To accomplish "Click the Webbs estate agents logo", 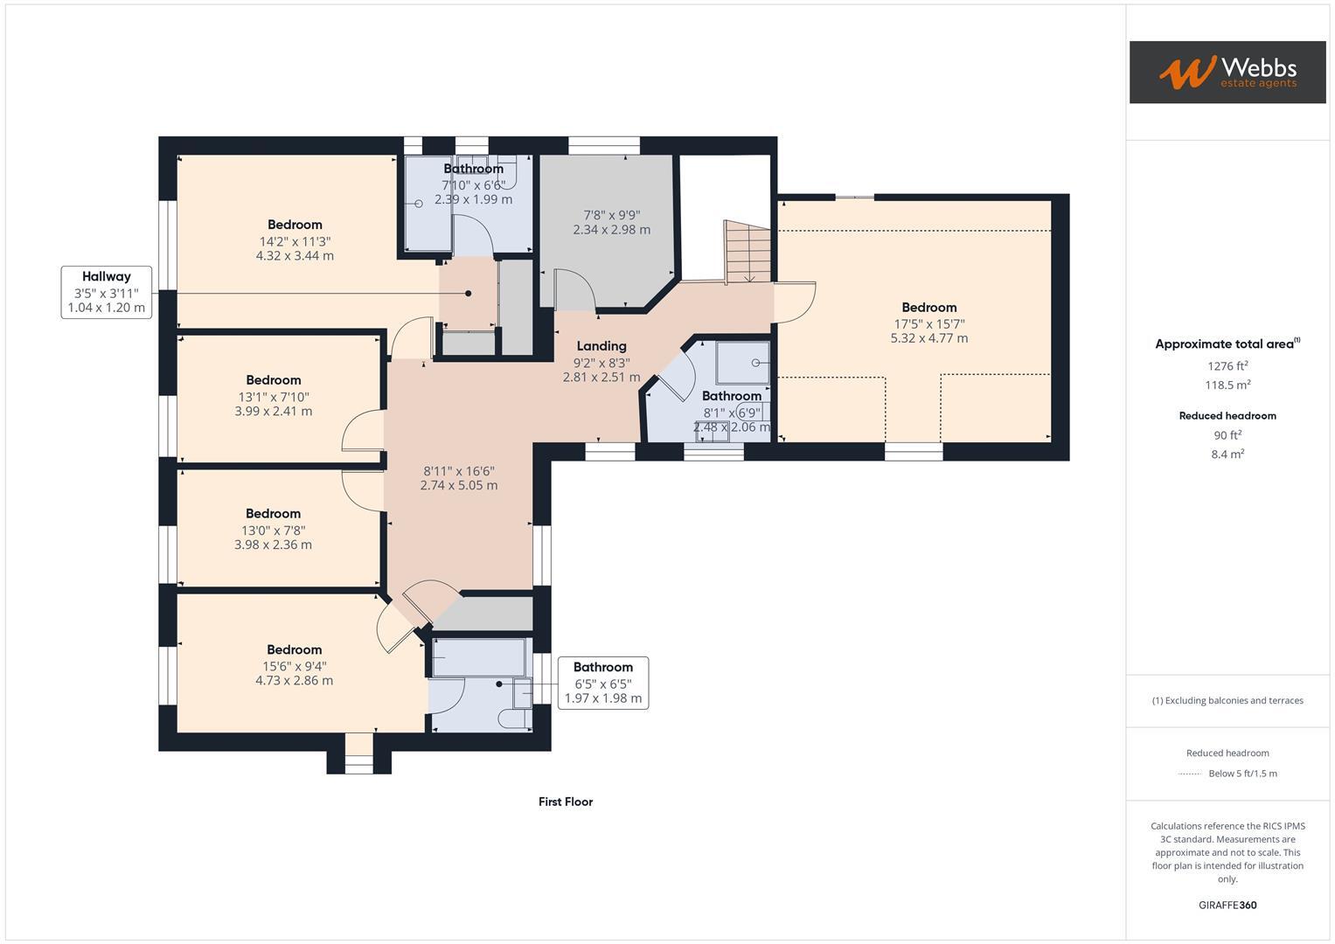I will pos(1227,72).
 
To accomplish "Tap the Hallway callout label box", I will pos(107,292).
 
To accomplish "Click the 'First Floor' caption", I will pos(566,802).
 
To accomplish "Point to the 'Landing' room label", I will pos(601,346).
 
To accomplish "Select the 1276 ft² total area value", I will pos(1227,366).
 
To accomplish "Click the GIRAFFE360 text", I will pos(1227,905).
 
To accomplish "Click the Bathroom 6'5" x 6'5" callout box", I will pos(602,683).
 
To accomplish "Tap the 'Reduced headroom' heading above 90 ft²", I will pos(1227,416).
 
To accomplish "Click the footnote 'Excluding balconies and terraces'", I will pos(1227,700).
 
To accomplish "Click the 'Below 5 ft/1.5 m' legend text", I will pos(1242,774).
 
